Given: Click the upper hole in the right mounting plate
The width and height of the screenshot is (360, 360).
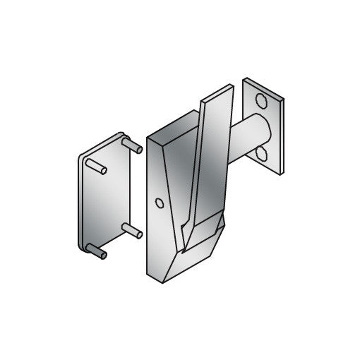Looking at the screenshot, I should point(261,100).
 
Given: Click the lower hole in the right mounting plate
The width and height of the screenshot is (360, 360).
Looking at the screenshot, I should point(261,152).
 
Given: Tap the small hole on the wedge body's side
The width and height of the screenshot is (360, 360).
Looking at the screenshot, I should point(159,203).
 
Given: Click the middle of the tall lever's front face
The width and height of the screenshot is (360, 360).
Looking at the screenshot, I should point(212,162).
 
